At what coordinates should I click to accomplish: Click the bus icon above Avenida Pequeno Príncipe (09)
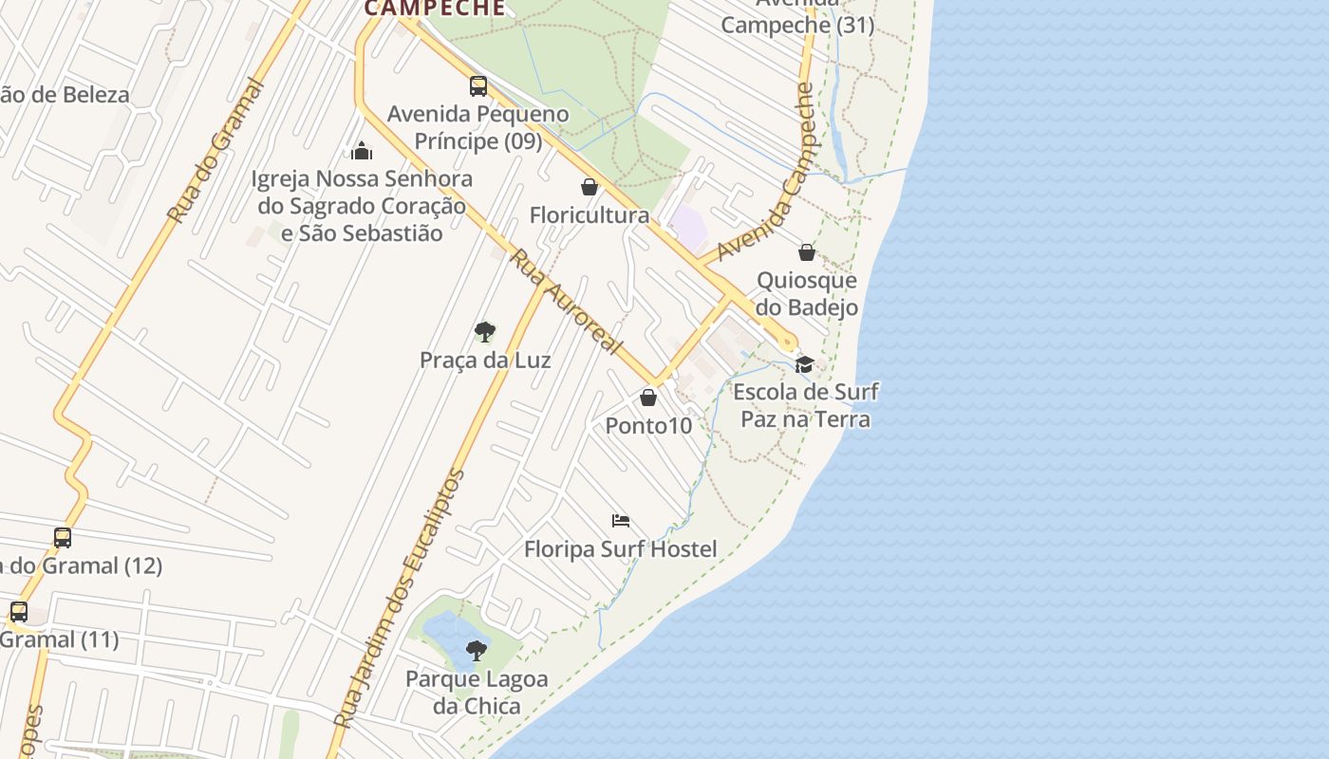[478, 86]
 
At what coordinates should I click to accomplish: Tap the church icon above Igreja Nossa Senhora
[361, 151]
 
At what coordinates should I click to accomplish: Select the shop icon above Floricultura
[590, 187]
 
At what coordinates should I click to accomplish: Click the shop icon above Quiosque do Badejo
[807, 252]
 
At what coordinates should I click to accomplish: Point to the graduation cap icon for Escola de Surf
[804, 364]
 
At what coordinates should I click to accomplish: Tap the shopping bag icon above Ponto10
[648, 398]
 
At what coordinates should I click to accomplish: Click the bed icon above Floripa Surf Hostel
[621, 521]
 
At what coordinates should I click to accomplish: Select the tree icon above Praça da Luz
[485, 332]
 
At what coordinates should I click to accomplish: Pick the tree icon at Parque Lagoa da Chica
[477, 651]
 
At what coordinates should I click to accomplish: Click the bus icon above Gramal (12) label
[63, 538]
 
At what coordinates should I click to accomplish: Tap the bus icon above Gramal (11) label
[19, 612]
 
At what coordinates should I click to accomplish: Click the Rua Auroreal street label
[566, 301]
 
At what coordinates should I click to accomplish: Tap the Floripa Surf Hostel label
[621, 548]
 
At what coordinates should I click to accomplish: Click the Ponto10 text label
[649, 425]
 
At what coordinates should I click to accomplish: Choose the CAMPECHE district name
[435, 9]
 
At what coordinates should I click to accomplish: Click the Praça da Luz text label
[485, 361]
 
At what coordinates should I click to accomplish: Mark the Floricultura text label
[590, 215]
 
